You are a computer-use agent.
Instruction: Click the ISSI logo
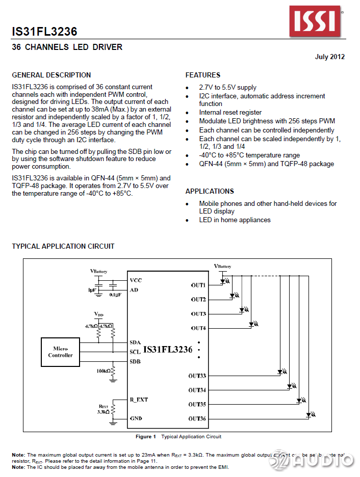pyautogui.click(x=315, y=21)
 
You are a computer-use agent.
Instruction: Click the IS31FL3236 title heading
pyautogui.click(x=45, y=32)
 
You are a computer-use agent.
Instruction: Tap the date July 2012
pyautogui.click(x=329, y=57)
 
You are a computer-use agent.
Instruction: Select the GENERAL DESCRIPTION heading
pyautogui.click(x=52, y=75)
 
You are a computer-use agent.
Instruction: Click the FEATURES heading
pyautogui.click(x=203, y=75)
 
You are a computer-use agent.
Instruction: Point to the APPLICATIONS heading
pyautogui.click(x=210, y=191)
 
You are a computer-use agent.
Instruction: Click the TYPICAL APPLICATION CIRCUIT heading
pyautogui.click(x=63, y=246)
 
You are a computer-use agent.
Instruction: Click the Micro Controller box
pyautogui.click(x=61, y=352)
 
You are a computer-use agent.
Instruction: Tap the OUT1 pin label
pyautogui.click(x=198, y=285)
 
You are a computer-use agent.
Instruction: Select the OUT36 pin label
pyautogui.click(x=197, y=419)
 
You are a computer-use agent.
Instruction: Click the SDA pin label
pyautogui.click(x=135, y=342)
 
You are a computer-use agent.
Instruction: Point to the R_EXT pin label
pyautogui.click(x=139, y=400)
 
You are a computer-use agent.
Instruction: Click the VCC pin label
pyautogui.click(x=136, y=280)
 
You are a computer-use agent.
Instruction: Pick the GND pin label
pyautogui.click(x=136, y=418)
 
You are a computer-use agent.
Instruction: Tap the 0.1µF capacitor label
pyautogui.click(x=115, y=295)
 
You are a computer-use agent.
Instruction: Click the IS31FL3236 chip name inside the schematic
pyautogui.click(x=168, y=350)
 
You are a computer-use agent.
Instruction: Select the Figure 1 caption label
pyautogui.click(x=146, y=437)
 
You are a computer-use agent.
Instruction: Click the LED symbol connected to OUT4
pyautogui.click(x=252, y=324)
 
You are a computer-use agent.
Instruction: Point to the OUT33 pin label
pyautogui.click(x=197, y=376)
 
